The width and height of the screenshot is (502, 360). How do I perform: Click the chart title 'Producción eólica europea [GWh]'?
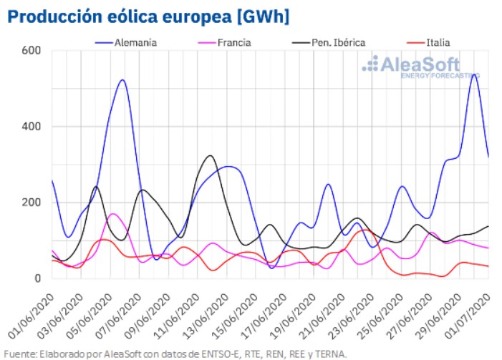(x=150, y=16)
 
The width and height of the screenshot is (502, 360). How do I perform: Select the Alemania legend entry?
(x=135, y=42)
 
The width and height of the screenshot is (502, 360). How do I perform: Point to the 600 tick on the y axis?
(x=32, y=50)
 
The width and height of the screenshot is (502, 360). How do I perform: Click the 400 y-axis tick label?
(x=32, y=127)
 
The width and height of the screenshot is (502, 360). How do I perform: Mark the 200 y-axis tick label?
(x=32, y=203)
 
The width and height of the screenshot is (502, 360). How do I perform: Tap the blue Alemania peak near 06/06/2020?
(x=122, y=80)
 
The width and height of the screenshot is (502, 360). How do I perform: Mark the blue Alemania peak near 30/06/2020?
(x=474, y=74)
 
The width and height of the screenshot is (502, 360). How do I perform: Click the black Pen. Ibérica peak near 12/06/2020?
(x=209, y=156)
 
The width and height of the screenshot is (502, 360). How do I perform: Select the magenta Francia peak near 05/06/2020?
(x=112, y=214)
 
